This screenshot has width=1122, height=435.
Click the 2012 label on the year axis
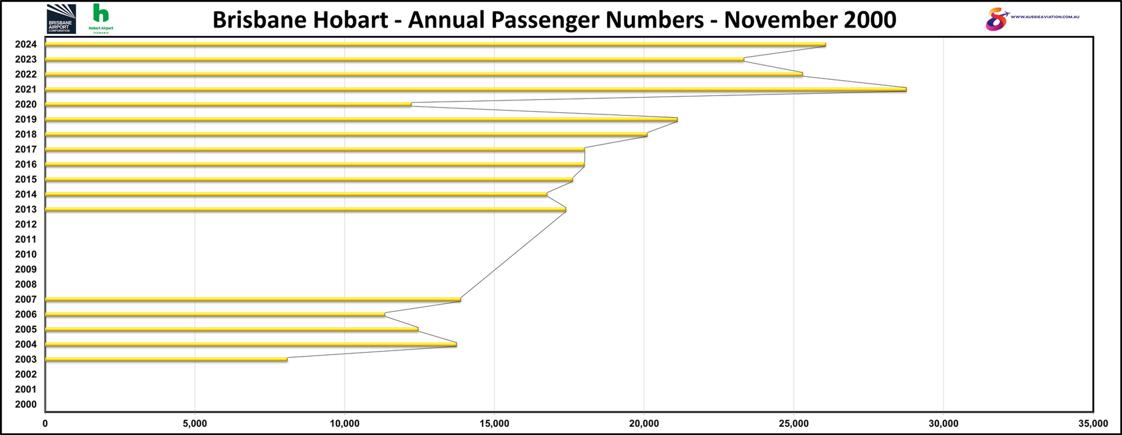pos(26,224)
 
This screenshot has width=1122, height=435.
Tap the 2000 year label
pos(26,404)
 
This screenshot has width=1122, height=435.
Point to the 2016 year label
pos(26,164)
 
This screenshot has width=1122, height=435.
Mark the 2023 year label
pos(26,59)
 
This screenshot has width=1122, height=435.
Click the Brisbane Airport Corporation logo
pos(61,19)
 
